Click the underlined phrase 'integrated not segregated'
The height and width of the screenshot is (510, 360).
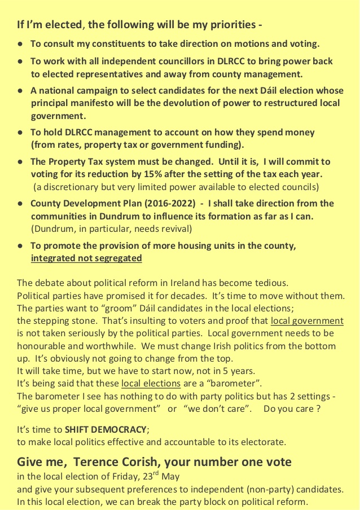[x=86, y=258]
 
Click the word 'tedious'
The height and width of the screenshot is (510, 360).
[x=268, y=283]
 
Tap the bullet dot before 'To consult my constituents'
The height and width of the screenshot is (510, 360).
[x=20, y=44]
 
